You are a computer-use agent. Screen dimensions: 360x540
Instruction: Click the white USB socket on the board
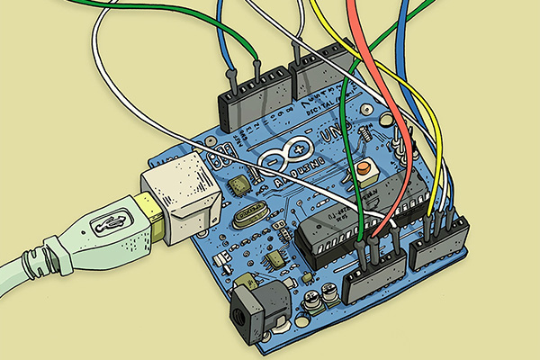[180, 198]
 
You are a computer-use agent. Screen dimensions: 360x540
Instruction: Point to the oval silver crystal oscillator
[249, 217]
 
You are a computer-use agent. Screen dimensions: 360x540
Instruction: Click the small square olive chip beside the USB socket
[239, 185]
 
